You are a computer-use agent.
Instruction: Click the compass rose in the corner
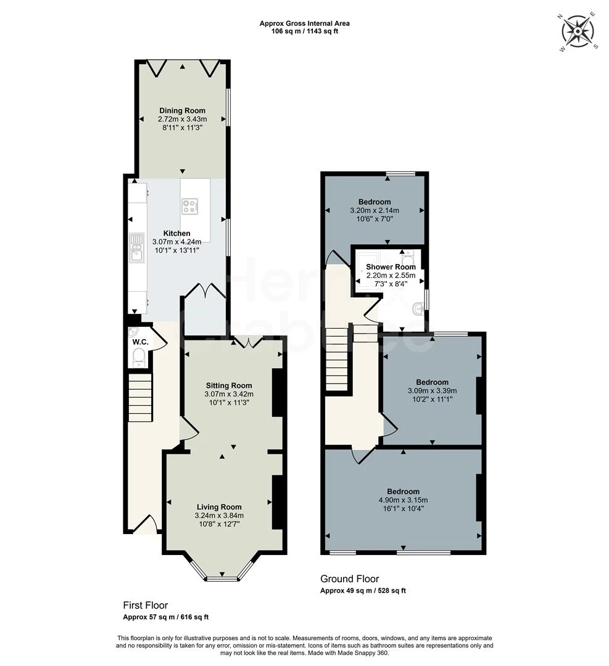pos(578,31)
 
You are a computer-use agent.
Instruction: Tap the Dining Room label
pos(182,110)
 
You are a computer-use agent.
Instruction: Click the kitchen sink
pos(136,250)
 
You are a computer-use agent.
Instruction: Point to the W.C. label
pos(139,342)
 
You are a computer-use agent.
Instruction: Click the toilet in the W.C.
pos(139,356)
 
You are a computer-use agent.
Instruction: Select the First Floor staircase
pos(140,398)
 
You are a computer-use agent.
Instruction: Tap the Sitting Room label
pos(229,385)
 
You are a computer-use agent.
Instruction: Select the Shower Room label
pos(391,267)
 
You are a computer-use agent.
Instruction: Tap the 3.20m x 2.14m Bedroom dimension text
pos(374,210)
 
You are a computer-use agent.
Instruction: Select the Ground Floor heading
pos(349,579)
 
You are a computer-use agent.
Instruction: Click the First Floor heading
pos(145,606)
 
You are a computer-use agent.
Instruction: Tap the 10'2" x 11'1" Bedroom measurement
pos(432,399)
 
